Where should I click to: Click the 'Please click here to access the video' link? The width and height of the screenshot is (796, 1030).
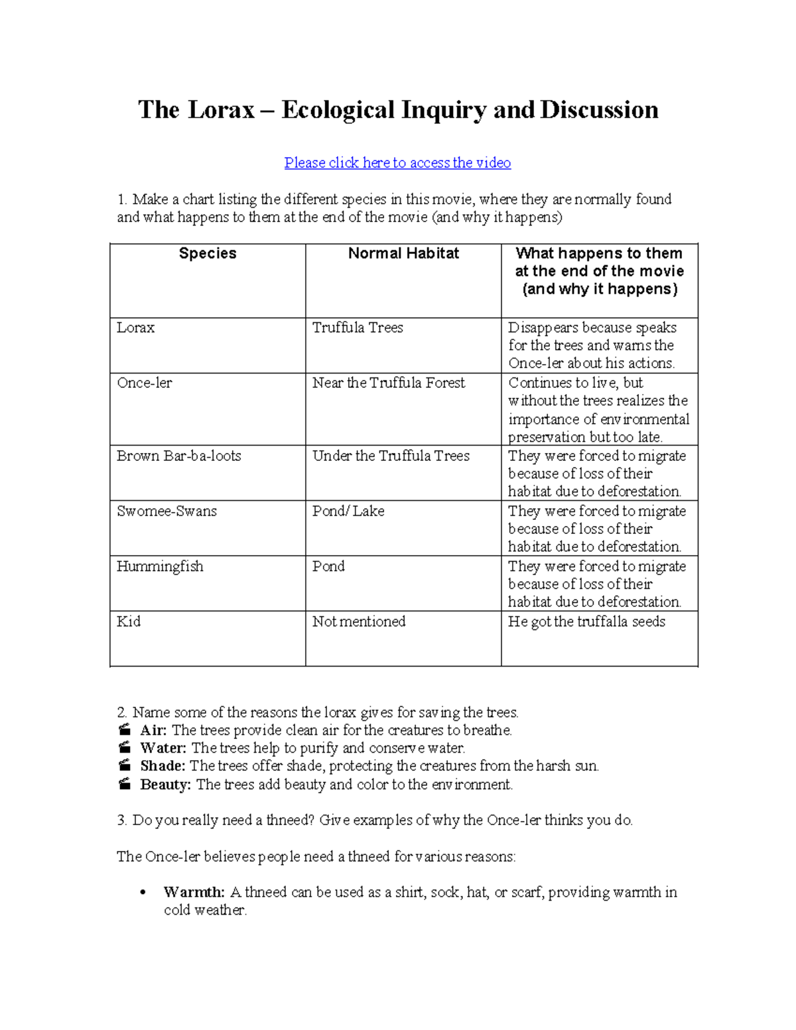[397, 162]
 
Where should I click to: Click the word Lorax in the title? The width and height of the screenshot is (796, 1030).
[222, 109]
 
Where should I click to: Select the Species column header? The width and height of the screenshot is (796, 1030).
[208, 253]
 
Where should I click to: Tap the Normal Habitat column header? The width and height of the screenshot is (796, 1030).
[403, 253]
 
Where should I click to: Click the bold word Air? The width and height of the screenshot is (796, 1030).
[153, 730]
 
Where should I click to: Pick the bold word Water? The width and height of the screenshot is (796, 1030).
[163, 748]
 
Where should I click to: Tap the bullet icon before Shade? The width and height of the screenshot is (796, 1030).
[124, 766]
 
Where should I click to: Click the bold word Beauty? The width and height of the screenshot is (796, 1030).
[166, 785]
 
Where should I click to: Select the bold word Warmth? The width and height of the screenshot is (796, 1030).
[194, 892]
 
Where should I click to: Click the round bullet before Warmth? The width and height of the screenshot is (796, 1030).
[143, 893]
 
